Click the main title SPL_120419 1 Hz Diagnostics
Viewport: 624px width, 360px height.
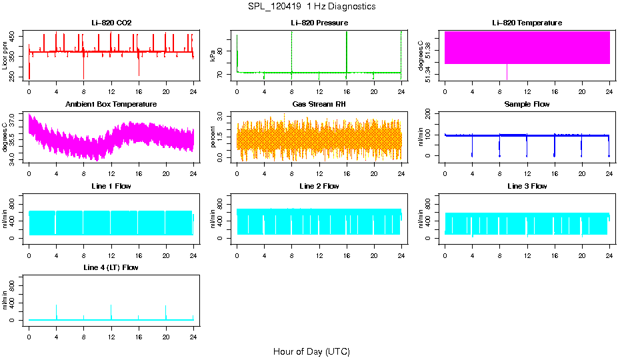(x=311, y=7)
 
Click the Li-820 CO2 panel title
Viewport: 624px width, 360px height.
(x=111, y=23)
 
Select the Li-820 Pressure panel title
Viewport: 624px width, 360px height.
(x=319, y=23)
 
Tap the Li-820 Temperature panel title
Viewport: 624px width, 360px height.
(x=527, y=23)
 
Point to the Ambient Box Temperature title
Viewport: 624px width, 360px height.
(x=111, y=105)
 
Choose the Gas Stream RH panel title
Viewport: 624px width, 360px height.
(x=319, y=105)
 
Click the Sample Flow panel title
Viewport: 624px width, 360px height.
(x=527, y=105)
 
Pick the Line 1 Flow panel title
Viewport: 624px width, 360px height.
(x=111, y=186)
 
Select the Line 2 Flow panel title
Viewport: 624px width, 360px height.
(x=319, y=186)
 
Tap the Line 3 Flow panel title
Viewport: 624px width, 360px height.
(x=527, y=186)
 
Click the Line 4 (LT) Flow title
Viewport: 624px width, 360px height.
(x=111, y=267)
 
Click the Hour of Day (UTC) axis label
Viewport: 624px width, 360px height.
(x=311, y=351)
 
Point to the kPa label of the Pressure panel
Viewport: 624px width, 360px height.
(x=213, y=56)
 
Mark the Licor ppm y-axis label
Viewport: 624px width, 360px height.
(x=5, y=56)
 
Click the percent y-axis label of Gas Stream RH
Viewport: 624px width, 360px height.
(x=213, y=137)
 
